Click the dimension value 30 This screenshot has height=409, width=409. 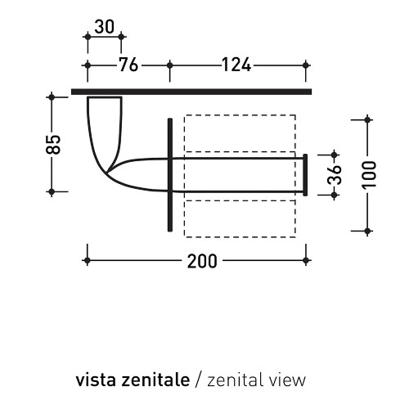tap(105, 27)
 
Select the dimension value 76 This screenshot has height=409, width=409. tap(129, 65)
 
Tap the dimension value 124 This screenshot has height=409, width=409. tap(236, 65)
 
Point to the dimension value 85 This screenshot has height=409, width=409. tap(53, 145)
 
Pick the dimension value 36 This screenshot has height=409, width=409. tap(335, 175)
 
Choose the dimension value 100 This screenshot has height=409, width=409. tap(369, 175)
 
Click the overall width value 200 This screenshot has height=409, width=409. tap(202, 261)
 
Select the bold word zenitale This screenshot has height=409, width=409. tap(155, 380)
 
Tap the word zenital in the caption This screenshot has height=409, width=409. tap(233, 380)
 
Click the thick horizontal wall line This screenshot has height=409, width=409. tap(191, 92)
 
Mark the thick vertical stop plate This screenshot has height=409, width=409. tap(170, 175)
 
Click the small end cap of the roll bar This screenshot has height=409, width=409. tap(305, 175)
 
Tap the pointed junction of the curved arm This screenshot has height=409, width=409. tap(107, 173)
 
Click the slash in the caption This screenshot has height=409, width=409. tap(199, 380)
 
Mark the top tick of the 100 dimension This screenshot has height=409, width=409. tap(367, 119)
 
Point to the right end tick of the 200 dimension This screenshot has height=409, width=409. tap(306, 261)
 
